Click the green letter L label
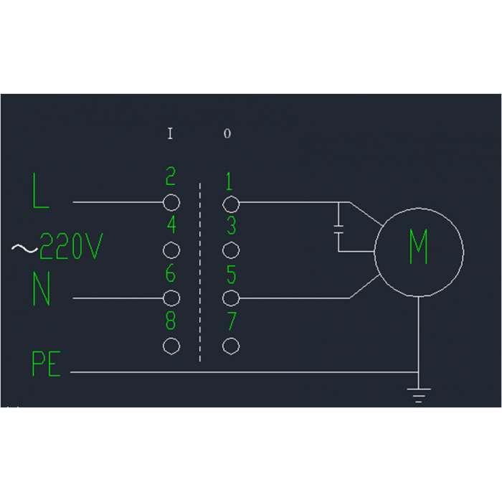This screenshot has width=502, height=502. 42,191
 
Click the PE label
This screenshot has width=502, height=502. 46,364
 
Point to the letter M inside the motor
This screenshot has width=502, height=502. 419,247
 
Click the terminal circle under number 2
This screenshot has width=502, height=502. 171,202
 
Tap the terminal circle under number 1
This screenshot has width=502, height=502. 230,202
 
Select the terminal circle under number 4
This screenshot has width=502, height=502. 171,250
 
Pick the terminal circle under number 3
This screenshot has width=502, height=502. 230,250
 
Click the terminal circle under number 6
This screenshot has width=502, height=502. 171,298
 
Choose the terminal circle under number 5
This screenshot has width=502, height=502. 230,298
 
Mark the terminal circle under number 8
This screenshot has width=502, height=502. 171,346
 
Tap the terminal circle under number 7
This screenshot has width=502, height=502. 230,346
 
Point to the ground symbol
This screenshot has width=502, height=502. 418,394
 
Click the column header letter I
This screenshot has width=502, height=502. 170,133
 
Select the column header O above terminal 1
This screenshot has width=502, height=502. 227,134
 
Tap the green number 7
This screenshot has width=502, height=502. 231,322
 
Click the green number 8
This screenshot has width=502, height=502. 171,322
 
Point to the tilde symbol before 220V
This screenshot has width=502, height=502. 24,249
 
